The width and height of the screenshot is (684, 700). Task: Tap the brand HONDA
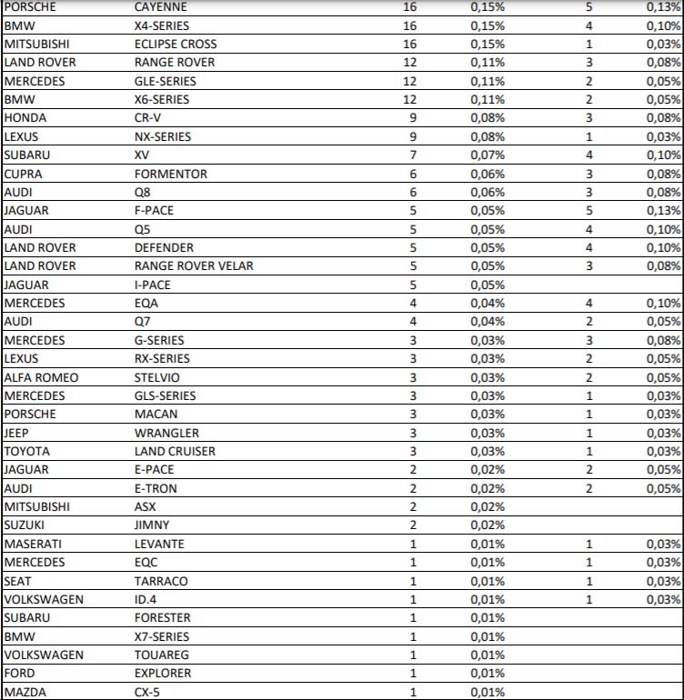[25, 118]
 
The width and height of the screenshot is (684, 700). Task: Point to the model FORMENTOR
[170, 174]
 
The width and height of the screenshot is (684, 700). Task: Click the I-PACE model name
[154, 285]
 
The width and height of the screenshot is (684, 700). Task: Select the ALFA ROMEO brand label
[41, 377]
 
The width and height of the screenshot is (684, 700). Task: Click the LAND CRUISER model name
[173, 451]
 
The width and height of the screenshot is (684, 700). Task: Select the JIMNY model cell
[151, 525]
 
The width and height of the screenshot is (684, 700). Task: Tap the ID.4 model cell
[146, 599]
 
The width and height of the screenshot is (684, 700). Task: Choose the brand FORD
[20, 674]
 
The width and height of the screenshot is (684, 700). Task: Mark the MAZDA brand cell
[24, 692]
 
